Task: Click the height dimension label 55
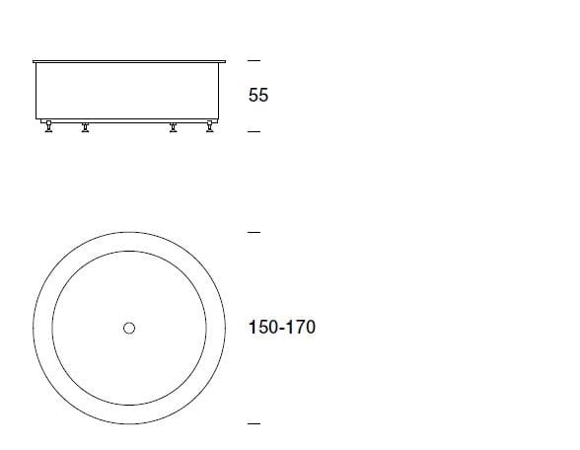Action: [257, 96]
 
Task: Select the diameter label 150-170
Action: [282, 327]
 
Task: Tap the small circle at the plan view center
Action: [129, 328]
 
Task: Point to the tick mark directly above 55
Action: [254, 60]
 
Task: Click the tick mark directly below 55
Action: [254, 131]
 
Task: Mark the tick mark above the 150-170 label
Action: [254, 233]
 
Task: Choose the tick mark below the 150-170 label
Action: [254, 423]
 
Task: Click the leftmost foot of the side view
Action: [49, 127]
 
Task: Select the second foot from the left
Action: [85, 127]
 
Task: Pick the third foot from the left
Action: [174, 127]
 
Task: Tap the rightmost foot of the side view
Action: [209, 127]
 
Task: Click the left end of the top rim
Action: [34, 61]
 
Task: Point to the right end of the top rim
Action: [225, 61]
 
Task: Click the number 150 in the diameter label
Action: [261, 327]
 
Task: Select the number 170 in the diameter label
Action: [301, 327]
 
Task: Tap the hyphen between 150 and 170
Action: [281, 328]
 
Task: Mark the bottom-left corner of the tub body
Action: [36, 121]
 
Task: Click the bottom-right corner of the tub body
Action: [221, 121]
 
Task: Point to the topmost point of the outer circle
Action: [129, 232]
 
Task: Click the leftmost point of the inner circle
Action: [52, 328]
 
